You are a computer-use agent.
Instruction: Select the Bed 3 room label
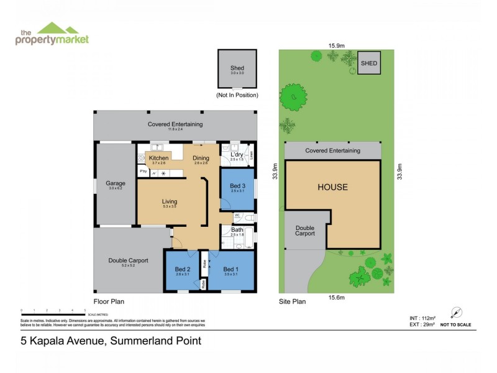tap(237, 186)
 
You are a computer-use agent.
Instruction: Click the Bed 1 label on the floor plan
tap(231, 269)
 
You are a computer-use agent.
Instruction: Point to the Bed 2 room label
tap(183, 269)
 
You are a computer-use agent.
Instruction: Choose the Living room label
tap(170, 201)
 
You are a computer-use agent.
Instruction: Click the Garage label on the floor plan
tap(116, 183)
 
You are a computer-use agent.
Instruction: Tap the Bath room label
tap(237, 229)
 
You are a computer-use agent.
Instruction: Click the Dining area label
tap(201, 158)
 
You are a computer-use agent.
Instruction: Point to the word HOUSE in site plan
tap(332, 187)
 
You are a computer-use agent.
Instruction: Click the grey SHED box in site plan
tap(369, 63)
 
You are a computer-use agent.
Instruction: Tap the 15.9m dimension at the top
tap(337, 44)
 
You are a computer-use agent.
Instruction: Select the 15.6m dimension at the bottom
tap(336, 298)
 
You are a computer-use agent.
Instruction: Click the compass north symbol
tap(456, 312)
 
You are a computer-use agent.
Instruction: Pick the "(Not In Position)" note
tap(237, 95)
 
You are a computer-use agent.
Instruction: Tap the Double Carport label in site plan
tap(305, 230)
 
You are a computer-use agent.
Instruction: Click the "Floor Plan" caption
tap(109, 301)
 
